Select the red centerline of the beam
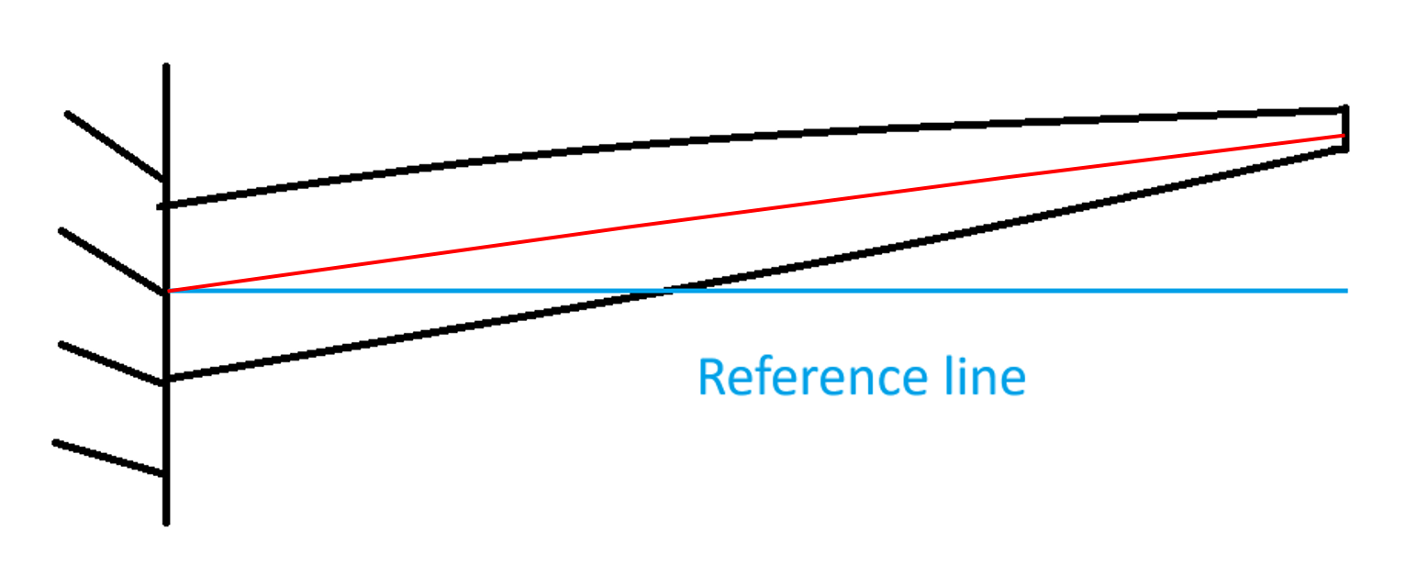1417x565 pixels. (753, 212)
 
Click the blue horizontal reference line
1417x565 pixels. (1010, 291)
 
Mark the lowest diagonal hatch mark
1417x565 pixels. (108, 458)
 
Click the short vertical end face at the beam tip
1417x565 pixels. (1345, 128)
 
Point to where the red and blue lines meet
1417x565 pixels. (168, 291)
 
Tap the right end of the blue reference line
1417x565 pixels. (1345, 291)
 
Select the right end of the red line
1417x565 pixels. (1343, 136)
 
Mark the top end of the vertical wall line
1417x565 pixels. (166, 66)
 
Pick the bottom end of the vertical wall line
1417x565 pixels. (166, 523)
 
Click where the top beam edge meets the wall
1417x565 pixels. (166, 205)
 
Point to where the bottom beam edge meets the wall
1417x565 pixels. (166, 379)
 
